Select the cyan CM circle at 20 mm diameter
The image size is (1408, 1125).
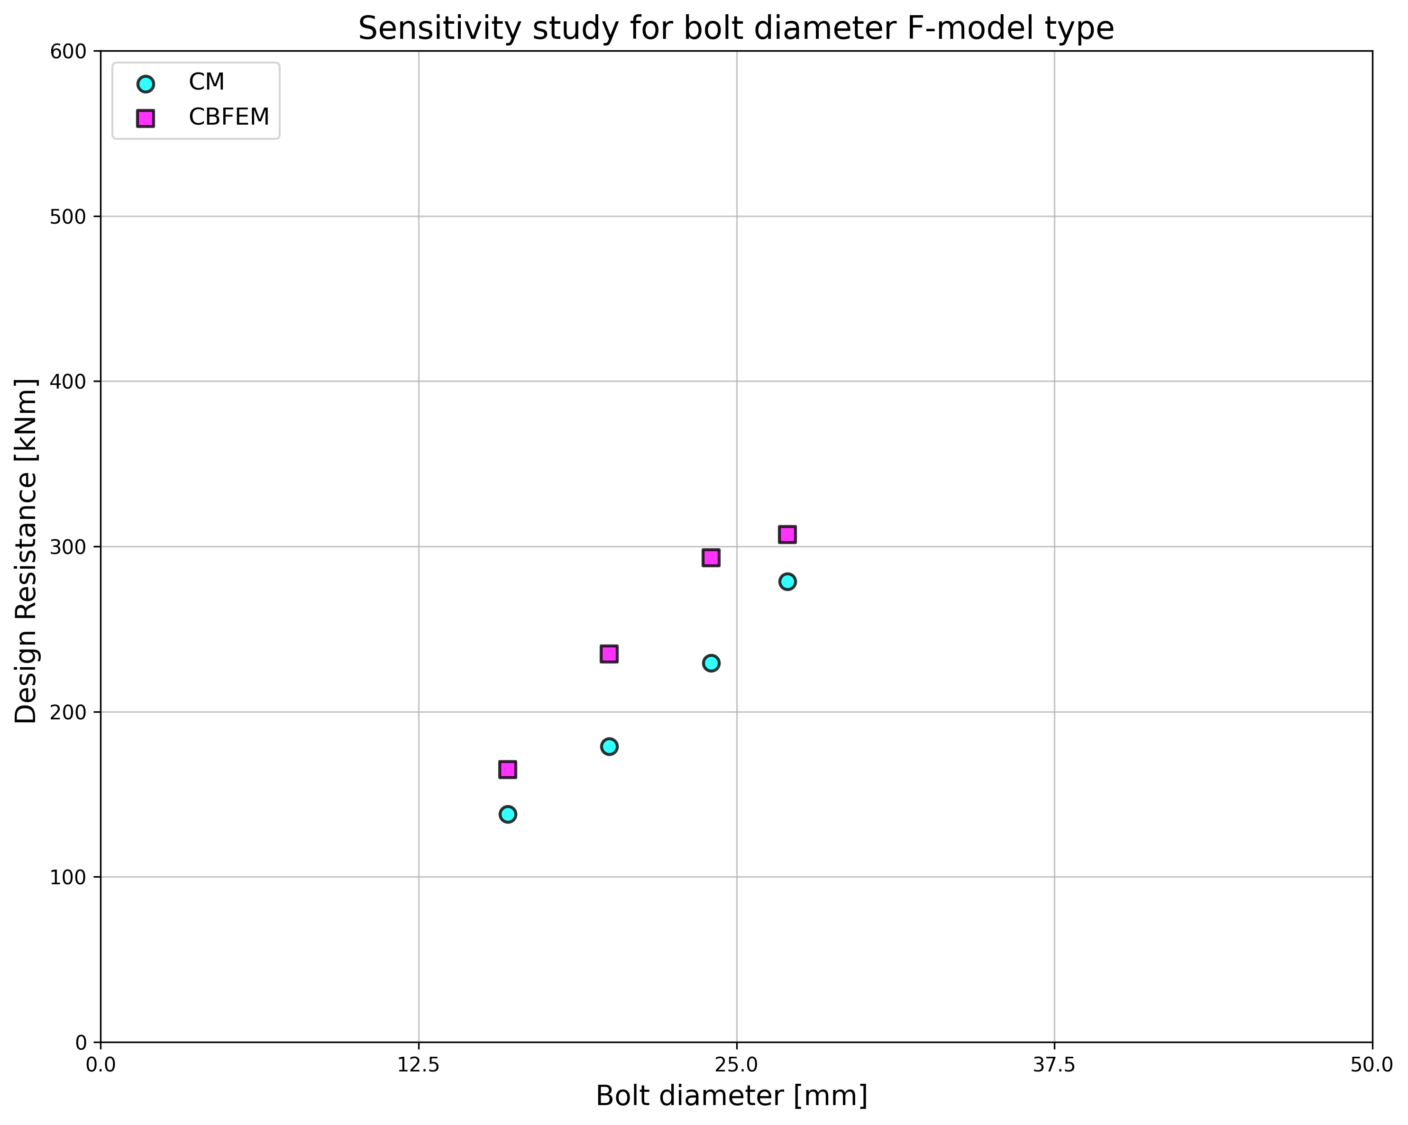[x=609, y=746]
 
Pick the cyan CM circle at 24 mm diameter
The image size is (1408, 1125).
[x=711, y=662]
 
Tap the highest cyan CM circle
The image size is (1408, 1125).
[x=787, y=582]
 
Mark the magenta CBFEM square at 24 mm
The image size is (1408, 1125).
[x=711, y=558]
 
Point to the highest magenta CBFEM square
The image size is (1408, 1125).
[x=787, y=534]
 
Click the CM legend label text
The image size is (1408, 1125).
[x=206, y=82]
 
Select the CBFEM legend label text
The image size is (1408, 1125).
[x=229, y=118]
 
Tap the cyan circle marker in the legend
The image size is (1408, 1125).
[x=146, y=83]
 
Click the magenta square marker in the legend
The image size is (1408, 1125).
[x=146, y=118]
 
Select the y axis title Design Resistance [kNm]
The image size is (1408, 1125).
[x=26, y=551]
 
